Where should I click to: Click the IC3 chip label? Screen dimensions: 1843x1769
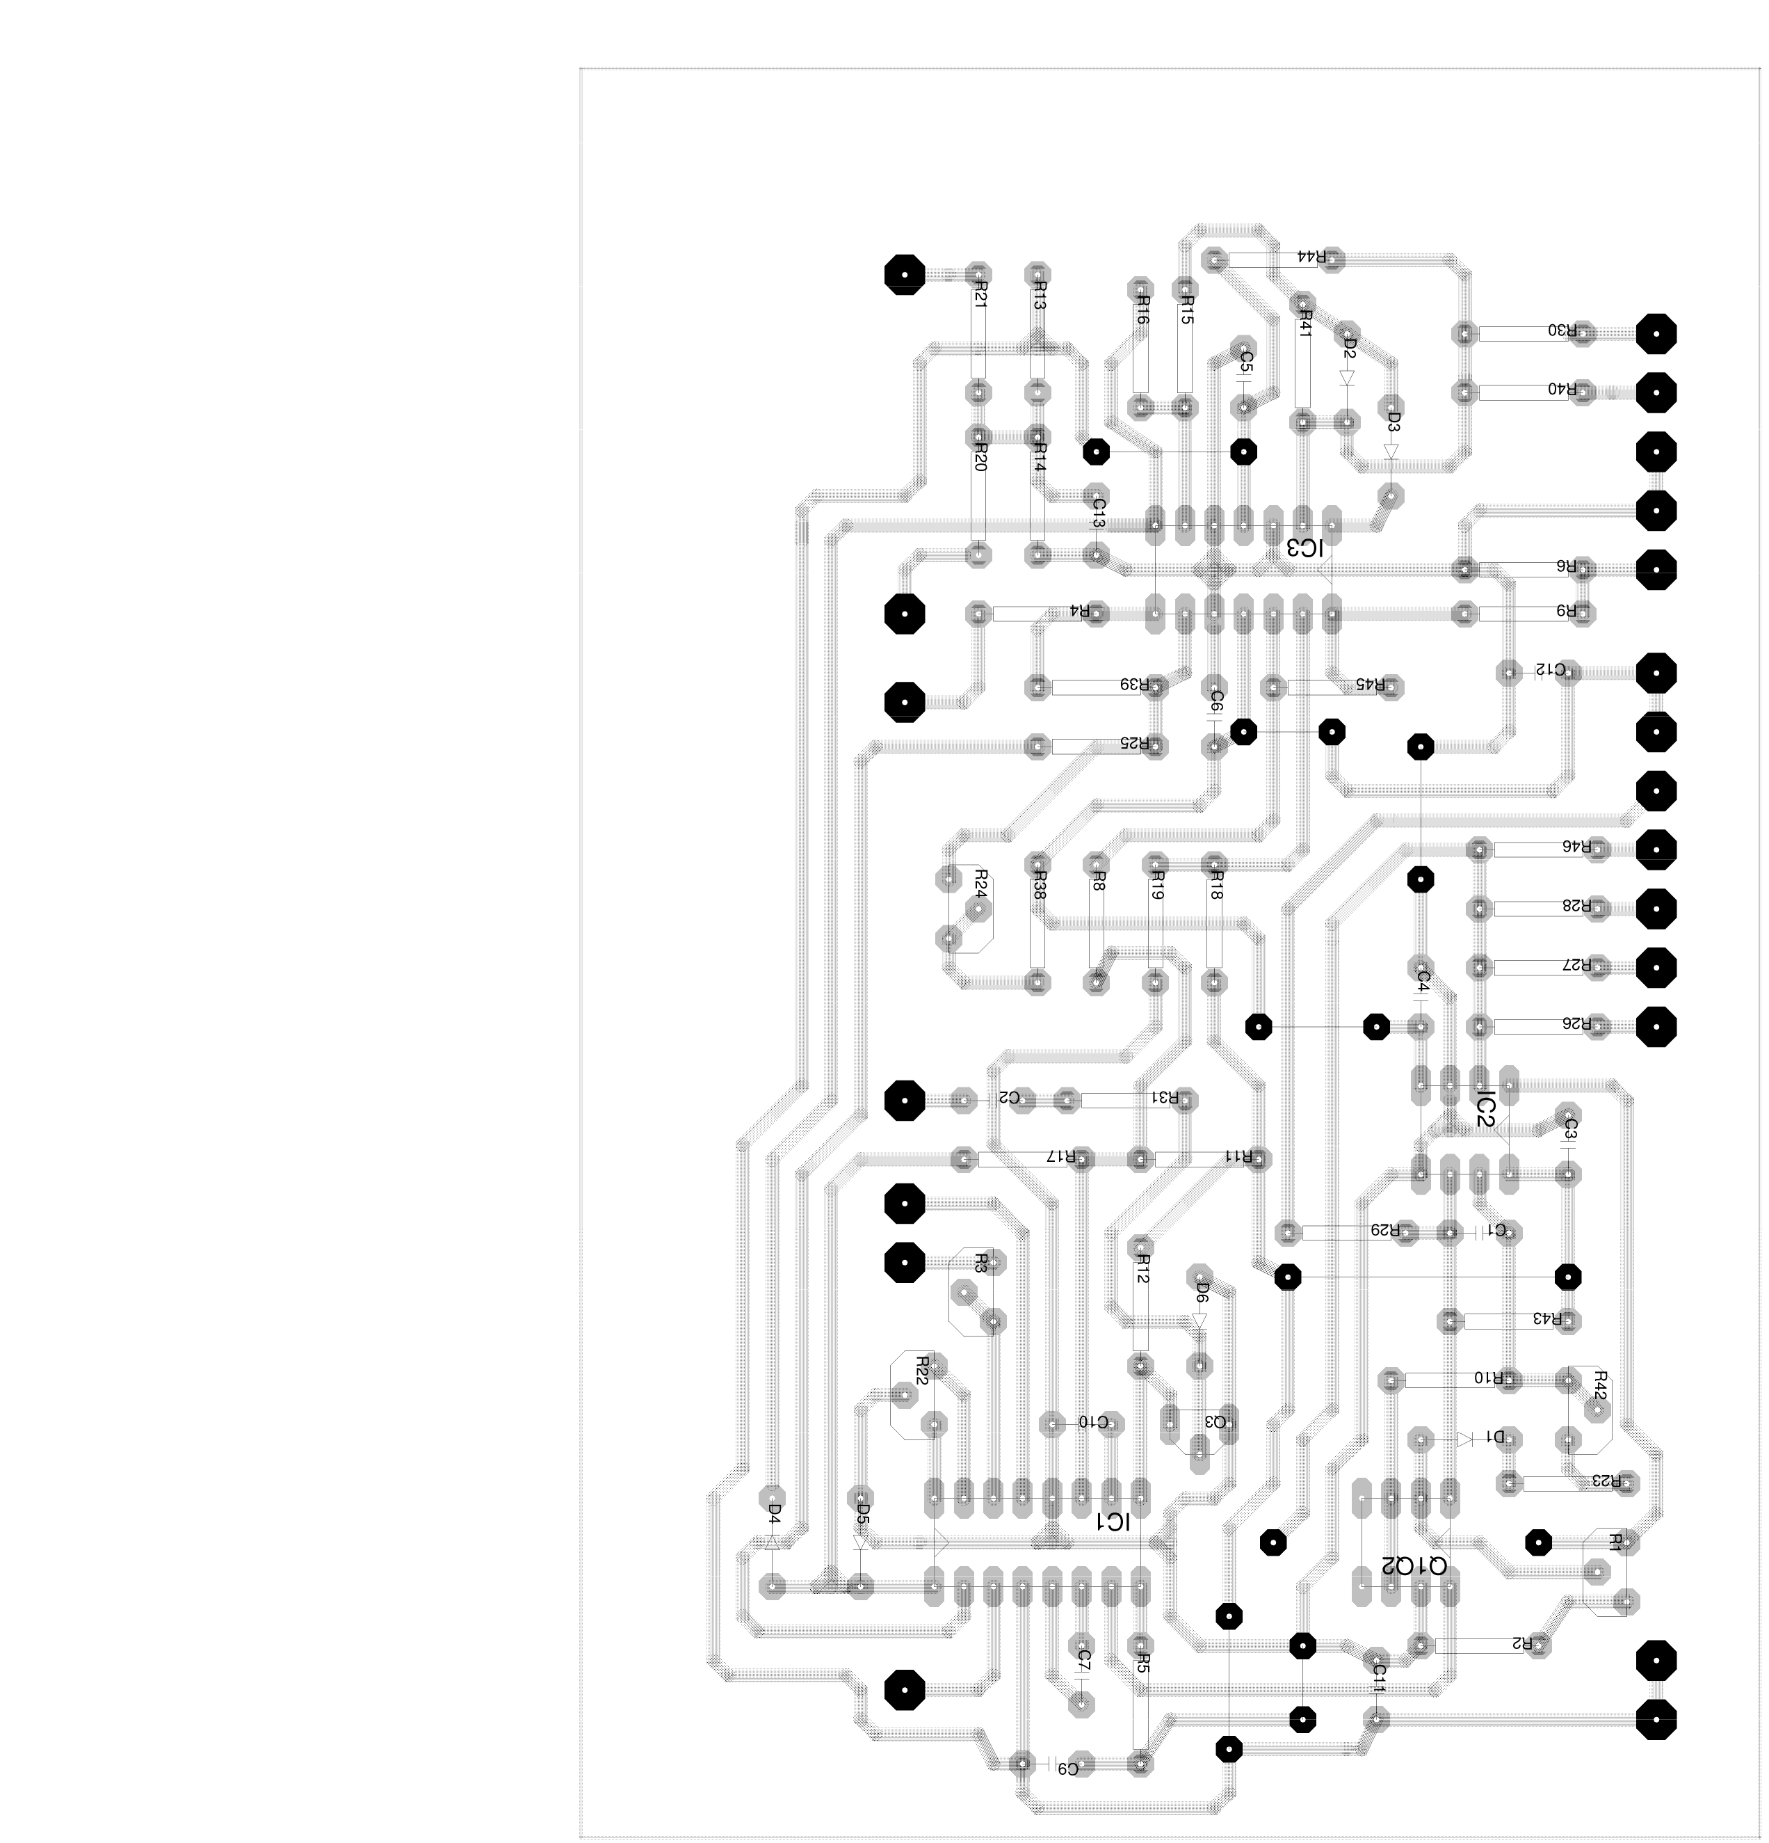pyautogui.click(x=1304, y=548)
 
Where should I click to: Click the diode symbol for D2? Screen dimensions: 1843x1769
pyautogui.click(x=1347, y=378)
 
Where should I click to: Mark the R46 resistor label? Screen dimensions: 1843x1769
pyautogui.click(x=1576, y=846)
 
